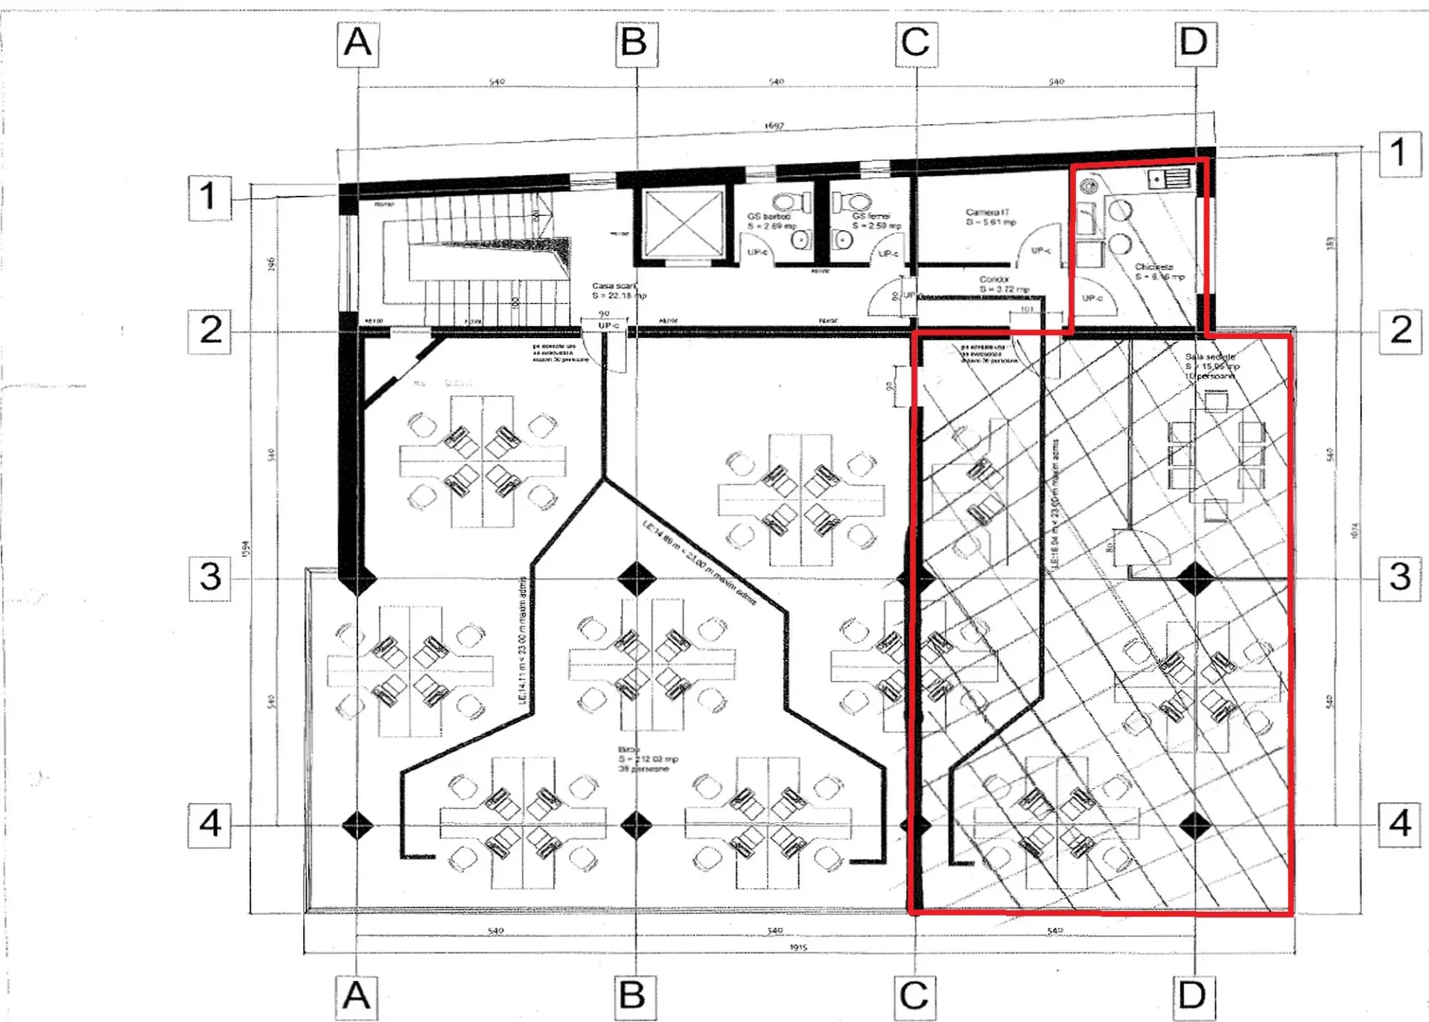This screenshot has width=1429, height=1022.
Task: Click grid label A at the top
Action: [357, 43]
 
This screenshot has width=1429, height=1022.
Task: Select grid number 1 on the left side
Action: [209, 197]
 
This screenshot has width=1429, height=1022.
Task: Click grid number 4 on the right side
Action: [1400, 824]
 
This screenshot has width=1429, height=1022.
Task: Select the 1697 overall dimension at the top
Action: [774, 126]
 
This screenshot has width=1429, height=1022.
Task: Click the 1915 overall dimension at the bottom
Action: [798, 947]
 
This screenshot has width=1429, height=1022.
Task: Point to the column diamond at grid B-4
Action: [637, 825]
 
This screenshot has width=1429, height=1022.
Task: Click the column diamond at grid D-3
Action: [1195, 579]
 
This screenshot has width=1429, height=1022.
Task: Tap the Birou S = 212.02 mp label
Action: [646, 758]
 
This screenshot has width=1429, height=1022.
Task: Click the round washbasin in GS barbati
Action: [800, 240]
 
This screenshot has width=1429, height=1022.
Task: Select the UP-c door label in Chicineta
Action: [1092, 298]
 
